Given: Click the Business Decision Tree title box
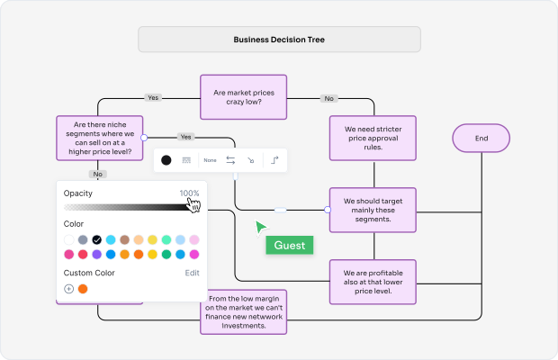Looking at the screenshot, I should tap(279, 40).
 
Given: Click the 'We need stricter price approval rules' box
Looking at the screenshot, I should tap(372, 138).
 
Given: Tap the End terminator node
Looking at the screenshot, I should tap(481, 139).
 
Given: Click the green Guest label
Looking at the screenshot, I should tap(290, 245).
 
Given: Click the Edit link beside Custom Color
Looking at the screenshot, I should tap(193, 273).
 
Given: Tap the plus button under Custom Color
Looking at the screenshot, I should tap(69, 289).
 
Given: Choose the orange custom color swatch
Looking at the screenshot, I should tap(83, 289).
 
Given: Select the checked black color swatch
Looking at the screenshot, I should tap(97, 240).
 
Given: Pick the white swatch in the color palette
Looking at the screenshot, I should tap(69, 240).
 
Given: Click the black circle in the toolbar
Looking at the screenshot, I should tap(166, 160).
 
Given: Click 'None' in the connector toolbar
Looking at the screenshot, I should tap(210, 160).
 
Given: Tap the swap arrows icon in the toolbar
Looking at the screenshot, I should tap(230, 160).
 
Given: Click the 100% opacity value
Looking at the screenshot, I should tap(189, 193).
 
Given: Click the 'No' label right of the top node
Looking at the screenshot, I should tap(329, 98).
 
